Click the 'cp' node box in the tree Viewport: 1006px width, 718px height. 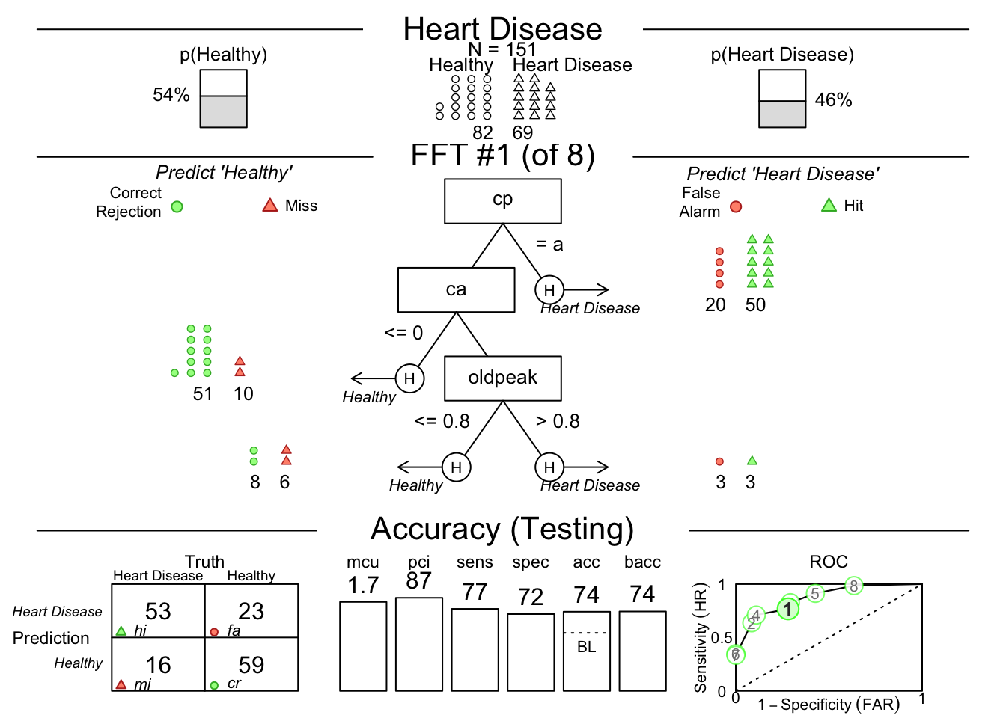(502, 200)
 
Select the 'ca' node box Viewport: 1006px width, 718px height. (456, 289)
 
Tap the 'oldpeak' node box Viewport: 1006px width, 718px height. (502, 378)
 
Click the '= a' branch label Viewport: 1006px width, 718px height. (549, 245)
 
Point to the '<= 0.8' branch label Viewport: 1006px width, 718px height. (442, 421)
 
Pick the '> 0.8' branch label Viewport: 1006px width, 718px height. (558, 421)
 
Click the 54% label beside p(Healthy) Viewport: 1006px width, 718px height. (171, 95)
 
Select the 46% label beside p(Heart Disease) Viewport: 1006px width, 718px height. (833, 100)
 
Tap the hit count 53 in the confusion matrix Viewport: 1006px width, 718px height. (158, 611)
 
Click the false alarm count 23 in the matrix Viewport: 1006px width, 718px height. (251, 611)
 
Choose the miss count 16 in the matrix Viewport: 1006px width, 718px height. (158, 664)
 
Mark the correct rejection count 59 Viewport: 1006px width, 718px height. (251, 664)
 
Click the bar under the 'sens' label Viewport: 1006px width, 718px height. (475, 649)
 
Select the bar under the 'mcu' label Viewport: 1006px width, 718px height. (363, 646)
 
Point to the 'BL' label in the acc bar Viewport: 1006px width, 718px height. (586, 647)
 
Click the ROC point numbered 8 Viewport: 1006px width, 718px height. (853, 586)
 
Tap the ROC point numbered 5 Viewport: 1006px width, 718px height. (815, 594)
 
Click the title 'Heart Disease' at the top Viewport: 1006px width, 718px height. (502, 29)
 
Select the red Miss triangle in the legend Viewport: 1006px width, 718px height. (270, 205)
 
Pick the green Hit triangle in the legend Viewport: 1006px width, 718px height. (829, 205)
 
